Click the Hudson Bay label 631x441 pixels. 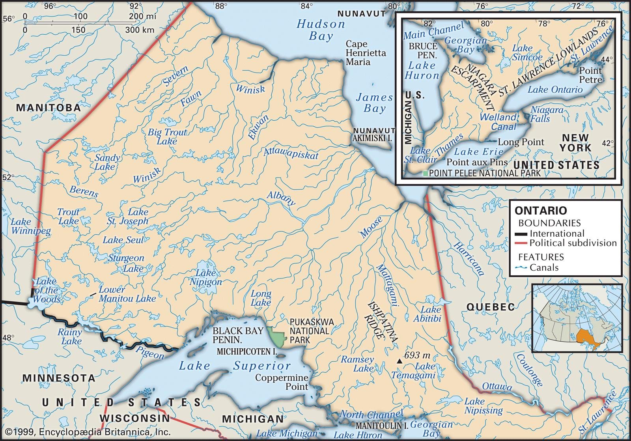[x=321, y=30]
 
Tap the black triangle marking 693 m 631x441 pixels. [x=400, y=361]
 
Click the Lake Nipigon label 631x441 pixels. [x=206, y=277]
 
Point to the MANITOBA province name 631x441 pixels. [x=48, y=108]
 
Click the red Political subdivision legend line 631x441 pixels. [x=521, y=243]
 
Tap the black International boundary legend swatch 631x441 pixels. [x=521, y=234]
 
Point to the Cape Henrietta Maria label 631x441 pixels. [x=366, y=53]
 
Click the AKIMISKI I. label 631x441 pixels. [x=373, y=138]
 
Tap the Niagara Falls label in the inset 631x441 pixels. [x=547, y=114]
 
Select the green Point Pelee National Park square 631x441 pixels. [x=425, y=174]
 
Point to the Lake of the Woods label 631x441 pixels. [x=47, y=290]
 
